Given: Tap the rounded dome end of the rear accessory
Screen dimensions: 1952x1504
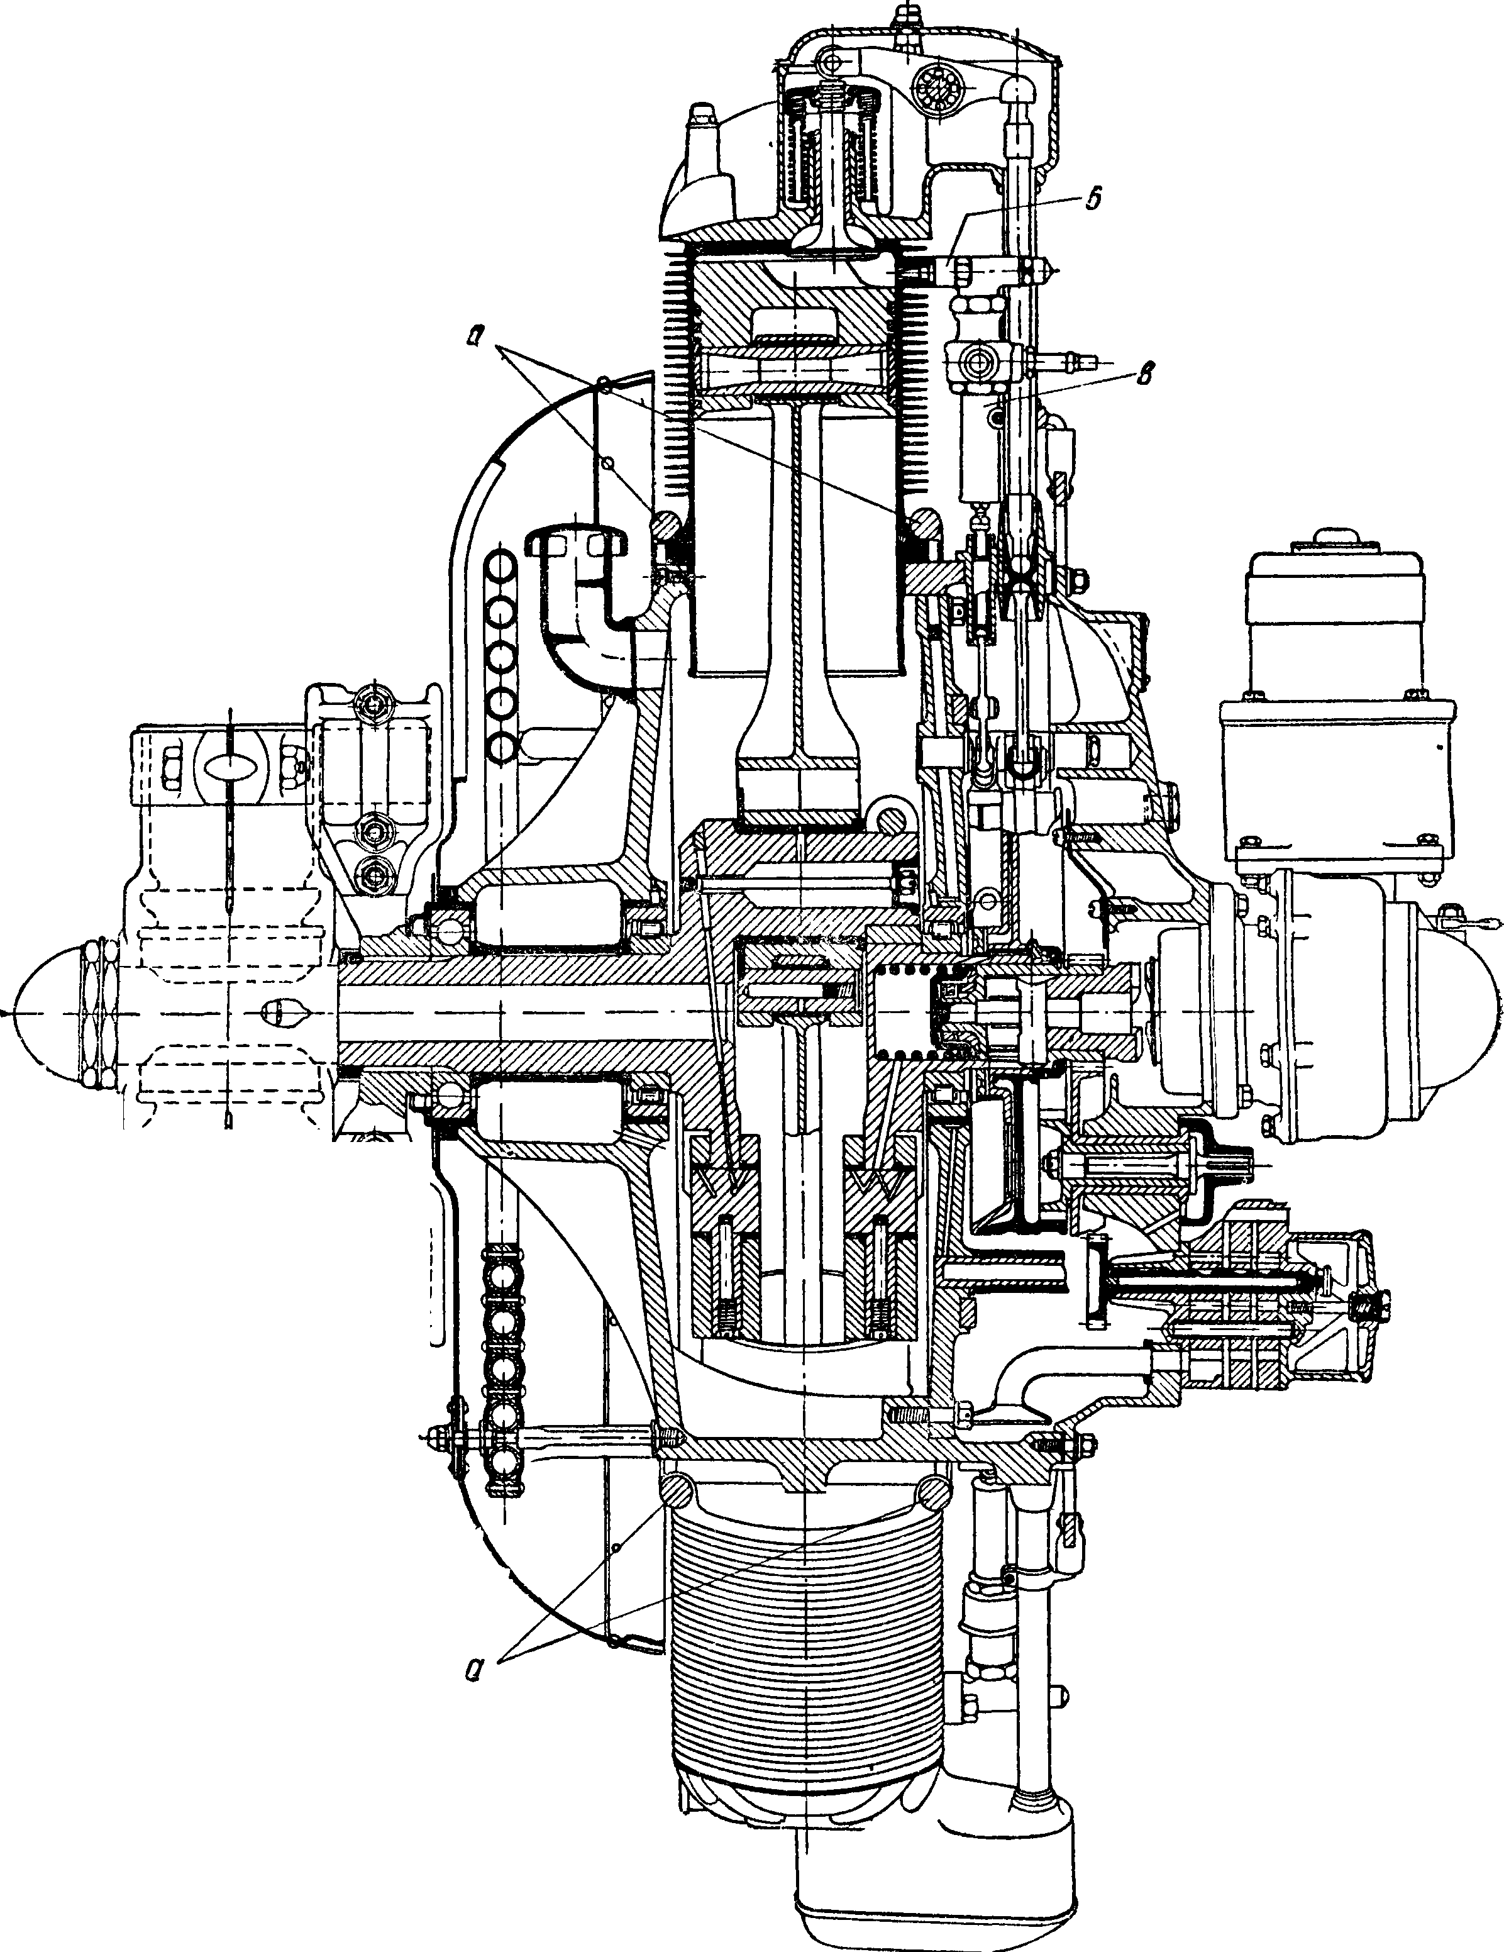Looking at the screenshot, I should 1466,1012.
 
